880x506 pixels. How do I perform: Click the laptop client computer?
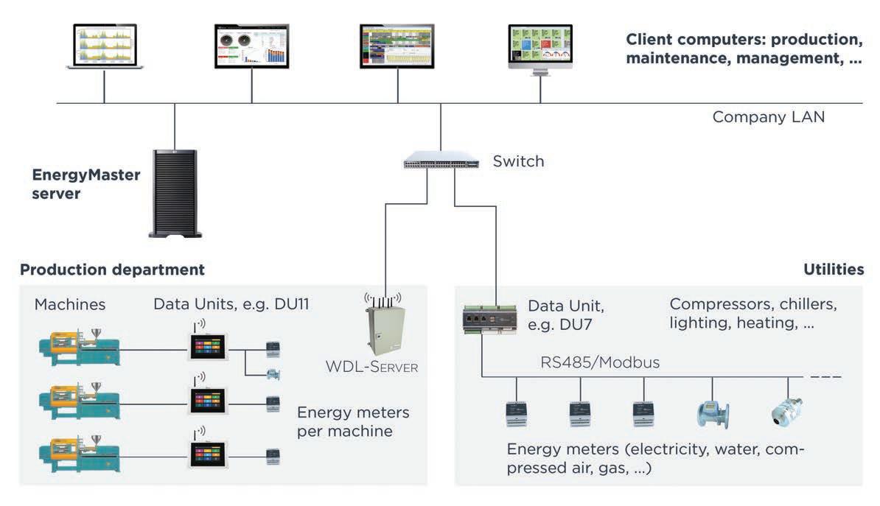pos(105,46)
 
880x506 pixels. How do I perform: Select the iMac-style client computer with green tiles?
pos(540,49)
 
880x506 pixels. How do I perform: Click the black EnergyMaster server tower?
pos(175,193)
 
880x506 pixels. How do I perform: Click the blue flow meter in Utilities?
pos(712,414)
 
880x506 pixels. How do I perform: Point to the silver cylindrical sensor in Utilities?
pos(786,412)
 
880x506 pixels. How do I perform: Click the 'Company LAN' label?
pos(768,116)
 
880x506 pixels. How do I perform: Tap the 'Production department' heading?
pos(112,270)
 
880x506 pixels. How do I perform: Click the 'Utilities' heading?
pos(833,270)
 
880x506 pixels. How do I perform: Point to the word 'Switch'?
pos(518,161)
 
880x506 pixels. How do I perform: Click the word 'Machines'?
pos(70,304)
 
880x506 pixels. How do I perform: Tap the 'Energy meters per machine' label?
pos(352,422)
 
